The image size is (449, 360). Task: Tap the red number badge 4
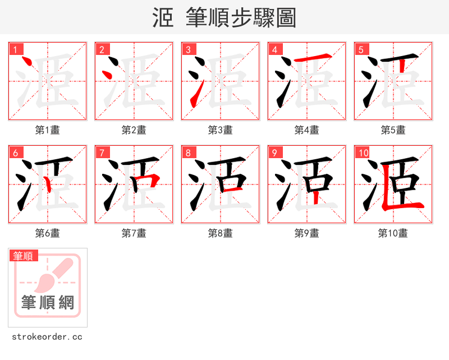point(274,49)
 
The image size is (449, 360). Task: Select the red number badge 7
point(102,153)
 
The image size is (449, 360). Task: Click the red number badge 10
point(363,153)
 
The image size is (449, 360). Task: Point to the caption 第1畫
point(48,130)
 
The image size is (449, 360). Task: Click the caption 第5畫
point(393,130)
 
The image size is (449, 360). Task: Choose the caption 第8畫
point(220,233)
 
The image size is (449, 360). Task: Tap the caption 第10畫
point(393,233)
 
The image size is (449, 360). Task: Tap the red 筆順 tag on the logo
point(24,256)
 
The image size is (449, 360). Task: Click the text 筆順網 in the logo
point(48,303)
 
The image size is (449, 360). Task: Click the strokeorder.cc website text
point(47,337)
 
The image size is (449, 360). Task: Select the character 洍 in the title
point(163,18)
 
